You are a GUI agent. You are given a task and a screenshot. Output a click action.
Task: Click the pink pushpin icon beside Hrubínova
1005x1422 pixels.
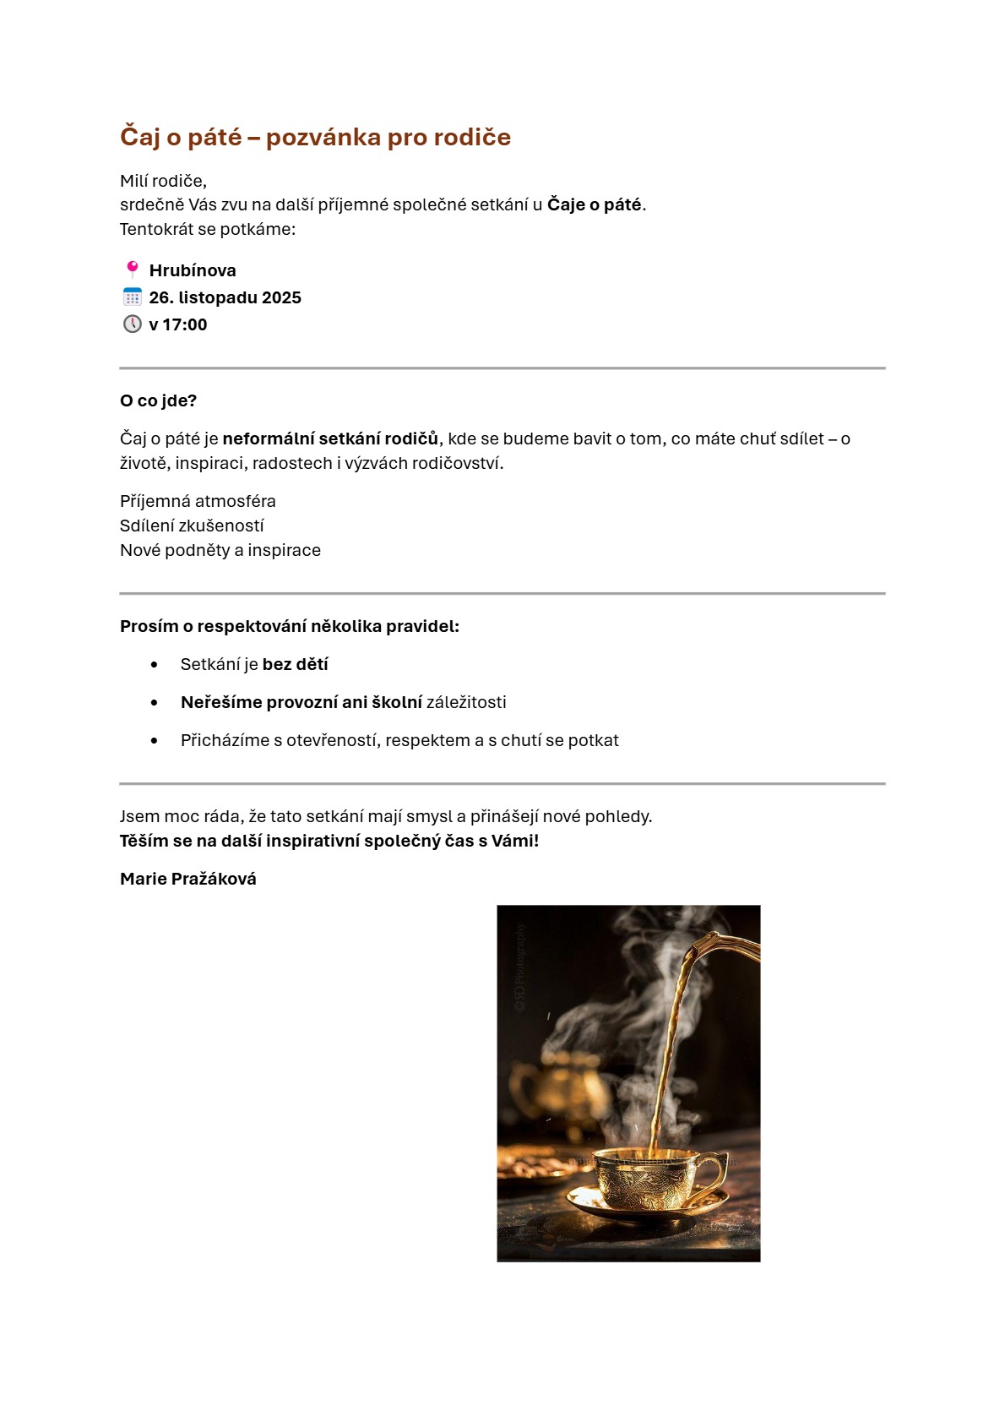point(132,270)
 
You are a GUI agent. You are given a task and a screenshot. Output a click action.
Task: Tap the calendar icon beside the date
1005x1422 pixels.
point(133,297)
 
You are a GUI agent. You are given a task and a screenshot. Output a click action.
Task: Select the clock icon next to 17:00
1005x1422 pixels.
point(133,324)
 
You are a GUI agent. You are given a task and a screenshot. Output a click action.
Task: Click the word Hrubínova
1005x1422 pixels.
point(193,270)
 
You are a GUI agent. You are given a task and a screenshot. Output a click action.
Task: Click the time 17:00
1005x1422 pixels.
point(185,324)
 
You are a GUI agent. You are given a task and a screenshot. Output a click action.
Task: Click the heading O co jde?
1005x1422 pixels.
point(158,400)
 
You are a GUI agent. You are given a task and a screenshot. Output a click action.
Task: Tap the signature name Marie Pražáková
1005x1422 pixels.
point(187,879)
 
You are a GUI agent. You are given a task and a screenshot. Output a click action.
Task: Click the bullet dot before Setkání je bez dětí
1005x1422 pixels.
point(154,665)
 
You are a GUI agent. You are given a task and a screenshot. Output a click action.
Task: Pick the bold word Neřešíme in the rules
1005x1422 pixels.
point(216,702)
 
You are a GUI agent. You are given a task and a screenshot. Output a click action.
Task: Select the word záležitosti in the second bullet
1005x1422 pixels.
point(466,702)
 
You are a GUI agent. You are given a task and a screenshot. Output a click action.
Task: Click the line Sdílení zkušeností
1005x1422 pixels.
point(192,526)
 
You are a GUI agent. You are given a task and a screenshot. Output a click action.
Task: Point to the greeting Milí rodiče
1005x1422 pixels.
point(163,181)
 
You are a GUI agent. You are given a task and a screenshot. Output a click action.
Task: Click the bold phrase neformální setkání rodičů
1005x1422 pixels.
point(330,439)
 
